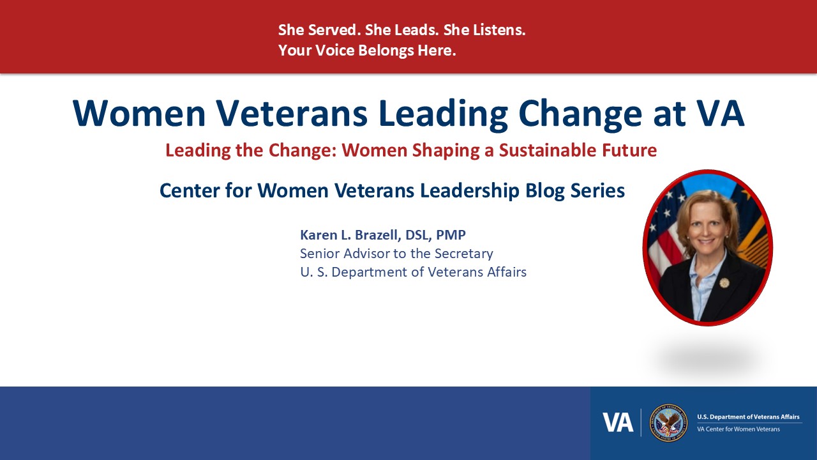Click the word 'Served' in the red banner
click(331, 30)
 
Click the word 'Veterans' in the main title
click(292, 113)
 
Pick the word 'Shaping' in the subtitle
click(446, 151)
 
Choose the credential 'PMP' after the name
click(451, 234)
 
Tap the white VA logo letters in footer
click(618, 423)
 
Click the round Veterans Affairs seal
click(668, 423)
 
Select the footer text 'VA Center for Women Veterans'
click(738, 429)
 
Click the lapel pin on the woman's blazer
click(724, 282)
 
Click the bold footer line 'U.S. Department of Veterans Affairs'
click(748, 417)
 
